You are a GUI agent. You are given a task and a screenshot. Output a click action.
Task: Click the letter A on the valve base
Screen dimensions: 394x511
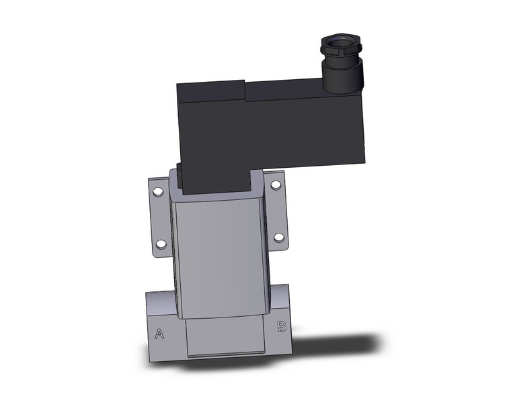[159, 333]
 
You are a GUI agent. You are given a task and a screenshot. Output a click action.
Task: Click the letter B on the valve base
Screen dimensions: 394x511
[282, 328]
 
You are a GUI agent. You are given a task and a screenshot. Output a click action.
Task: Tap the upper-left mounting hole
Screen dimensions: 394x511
[158, 193]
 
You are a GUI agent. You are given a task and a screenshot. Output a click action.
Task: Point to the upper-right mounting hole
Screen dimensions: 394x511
[274, 185]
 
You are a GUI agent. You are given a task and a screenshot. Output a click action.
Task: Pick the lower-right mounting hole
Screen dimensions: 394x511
[278, 237]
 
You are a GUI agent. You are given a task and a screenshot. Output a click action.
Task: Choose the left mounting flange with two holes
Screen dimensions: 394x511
[159, 218]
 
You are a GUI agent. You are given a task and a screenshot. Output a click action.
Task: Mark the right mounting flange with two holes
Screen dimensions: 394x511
[276, 211]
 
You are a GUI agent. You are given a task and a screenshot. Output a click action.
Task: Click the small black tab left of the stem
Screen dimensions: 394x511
[179, 170]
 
